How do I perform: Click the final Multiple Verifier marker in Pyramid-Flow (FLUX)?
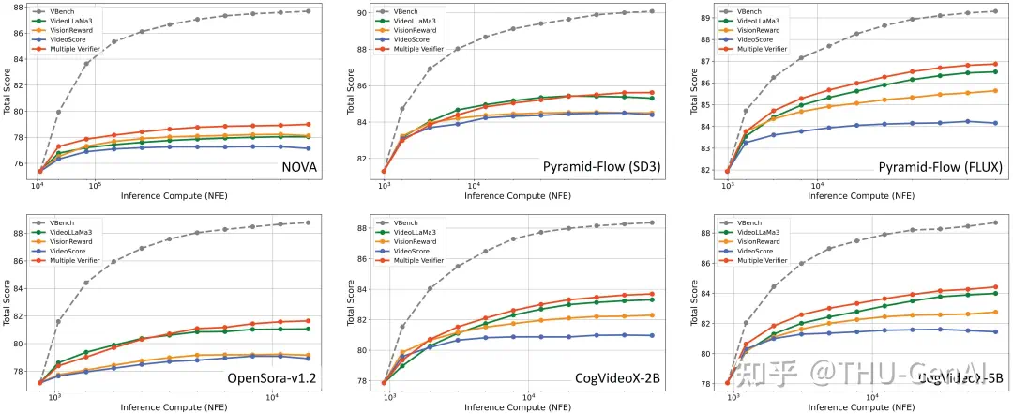click(x=994, y=64)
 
